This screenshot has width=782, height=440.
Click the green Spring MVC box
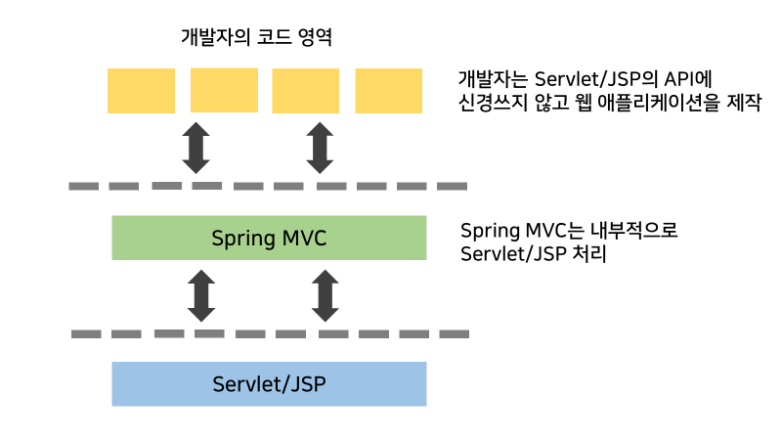click(269, 238)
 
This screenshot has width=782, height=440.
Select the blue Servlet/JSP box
click(269, 383)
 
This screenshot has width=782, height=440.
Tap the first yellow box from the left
click(141, 90)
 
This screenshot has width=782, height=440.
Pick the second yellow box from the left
click(224, 90)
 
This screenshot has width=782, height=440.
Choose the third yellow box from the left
click(306, 90)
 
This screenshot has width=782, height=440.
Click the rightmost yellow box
click(388, 90)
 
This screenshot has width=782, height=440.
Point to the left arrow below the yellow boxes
click(196, 147)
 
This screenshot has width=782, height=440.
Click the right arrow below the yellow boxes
click(320, 147)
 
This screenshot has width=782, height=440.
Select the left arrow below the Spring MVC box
click(201, 295)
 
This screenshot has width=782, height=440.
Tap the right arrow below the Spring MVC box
click(325, 295)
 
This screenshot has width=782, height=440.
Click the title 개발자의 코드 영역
click(257, 39)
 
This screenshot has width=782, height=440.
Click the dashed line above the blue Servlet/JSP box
click(269, 333)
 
